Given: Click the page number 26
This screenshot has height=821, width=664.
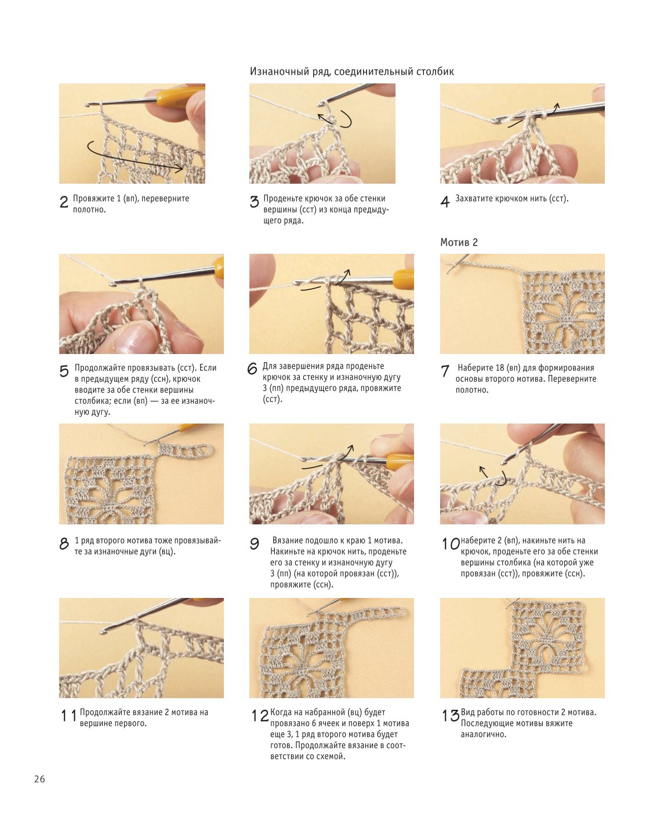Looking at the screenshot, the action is [39, 779].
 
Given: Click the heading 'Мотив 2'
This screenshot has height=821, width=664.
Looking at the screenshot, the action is [459, 242].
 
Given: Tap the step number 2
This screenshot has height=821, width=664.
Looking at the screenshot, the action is [64, 202].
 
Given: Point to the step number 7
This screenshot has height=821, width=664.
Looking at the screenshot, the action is [445, 371].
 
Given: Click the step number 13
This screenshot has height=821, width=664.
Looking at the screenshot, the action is [450, 716].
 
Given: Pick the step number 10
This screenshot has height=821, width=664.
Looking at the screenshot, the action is [450, 544].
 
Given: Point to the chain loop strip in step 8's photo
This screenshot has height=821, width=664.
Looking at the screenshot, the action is [185, 450].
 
